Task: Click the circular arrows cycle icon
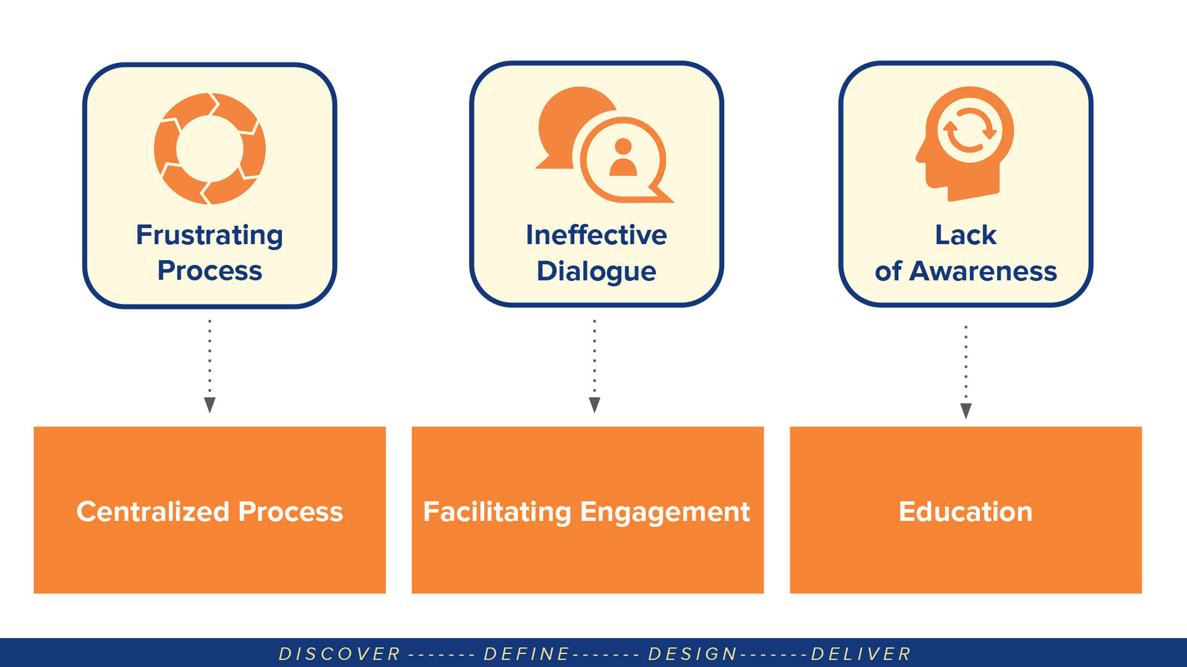(x=210, y=149)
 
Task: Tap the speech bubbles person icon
(x=603, y=146)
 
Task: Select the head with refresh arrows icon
(x=966, y=143)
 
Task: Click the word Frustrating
(x=210, y=235)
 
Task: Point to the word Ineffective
(x=596, y=235)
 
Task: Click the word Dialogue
(x=596, y=271)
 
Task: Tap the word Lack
(x=965, y=235)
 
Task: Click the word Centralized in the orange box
(x=153, y=511)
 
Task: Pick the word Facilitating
(x=497, y=511)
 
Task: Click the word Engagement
(x=665, y=511)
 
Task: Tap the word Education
(x=965, y=511)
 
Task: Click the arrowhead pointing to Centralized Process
(x=210, y=405)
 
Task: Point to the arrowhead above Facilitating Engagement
(x=595, y=405)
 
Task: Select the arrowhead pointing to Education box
(x=966, y=411)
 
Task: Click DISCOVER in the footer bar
(x=339, y=653)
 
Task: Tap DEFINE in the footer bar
(x=527, y=653)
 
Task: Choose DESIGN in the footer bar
(x=692, y=653)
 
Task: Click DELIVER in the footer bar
(x=861, y=653)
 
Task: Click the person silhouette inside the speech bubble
(x=623, y=158)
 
